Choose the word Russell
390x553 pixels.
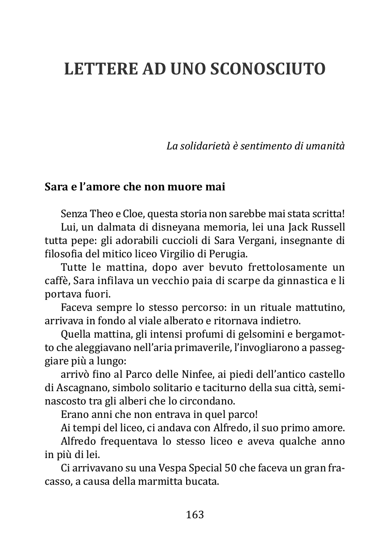pos(327,227)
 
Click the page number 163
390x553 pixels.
pos(195,515)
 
